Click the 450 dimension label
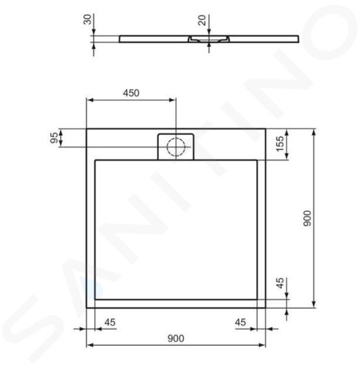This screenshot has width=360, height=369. [131, 93]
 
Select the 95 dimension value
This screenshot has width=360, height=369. [54, 138]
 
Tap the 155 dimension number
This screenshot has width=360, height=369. [280, 143]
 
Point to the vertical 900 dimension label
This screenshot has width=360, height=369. [307, 218]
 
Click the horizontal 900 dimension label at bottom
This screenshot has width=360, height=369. [176, 339]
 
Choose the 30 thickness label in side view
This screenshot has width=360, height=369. [87, 19]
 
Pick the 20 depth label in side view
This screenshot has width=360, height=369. [202, 20]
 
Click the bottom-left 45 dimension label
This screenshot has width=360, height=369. [110, 322]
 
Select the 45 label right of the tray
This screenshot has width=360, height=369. [280, 283]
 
